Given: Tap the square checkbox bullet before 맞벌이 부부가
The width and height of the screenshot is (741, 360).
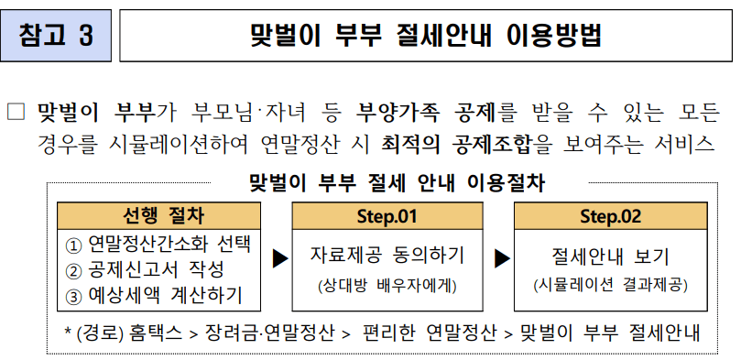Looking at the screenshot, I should pos(15,112).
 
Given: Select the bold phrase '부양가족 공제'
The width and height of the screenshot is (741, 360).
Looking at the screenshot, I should pos(428,112).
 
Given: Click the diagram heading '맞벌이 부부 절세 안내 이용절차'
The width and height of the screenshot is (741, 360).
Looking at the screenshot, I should pos(398,181).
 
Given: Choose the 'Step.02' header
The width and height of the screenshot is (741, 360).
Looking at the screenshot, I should pos(610,216).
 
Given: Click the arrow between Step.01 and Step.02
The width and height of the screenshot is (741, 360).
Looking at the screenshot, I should pos(501,259).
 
